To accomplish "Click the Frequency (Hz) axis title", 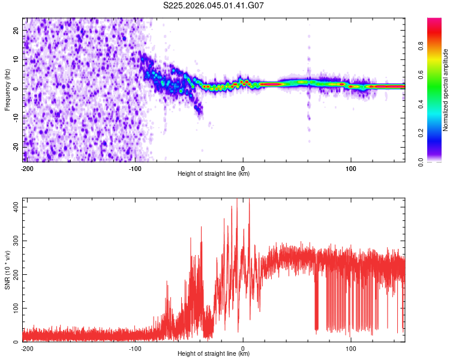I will (x=7, y=90).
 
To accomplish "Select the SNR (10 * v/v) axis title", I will (x=7, y=271).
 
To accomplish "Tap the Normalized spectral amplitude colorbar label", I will (x=446, y=90).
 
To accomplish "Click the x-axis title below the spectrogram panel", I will (x=214, y=174).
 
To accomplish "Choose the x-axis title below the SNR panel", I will (x=214, y=354).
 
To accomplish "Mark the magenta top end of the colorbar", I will (x=434, y=20).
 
